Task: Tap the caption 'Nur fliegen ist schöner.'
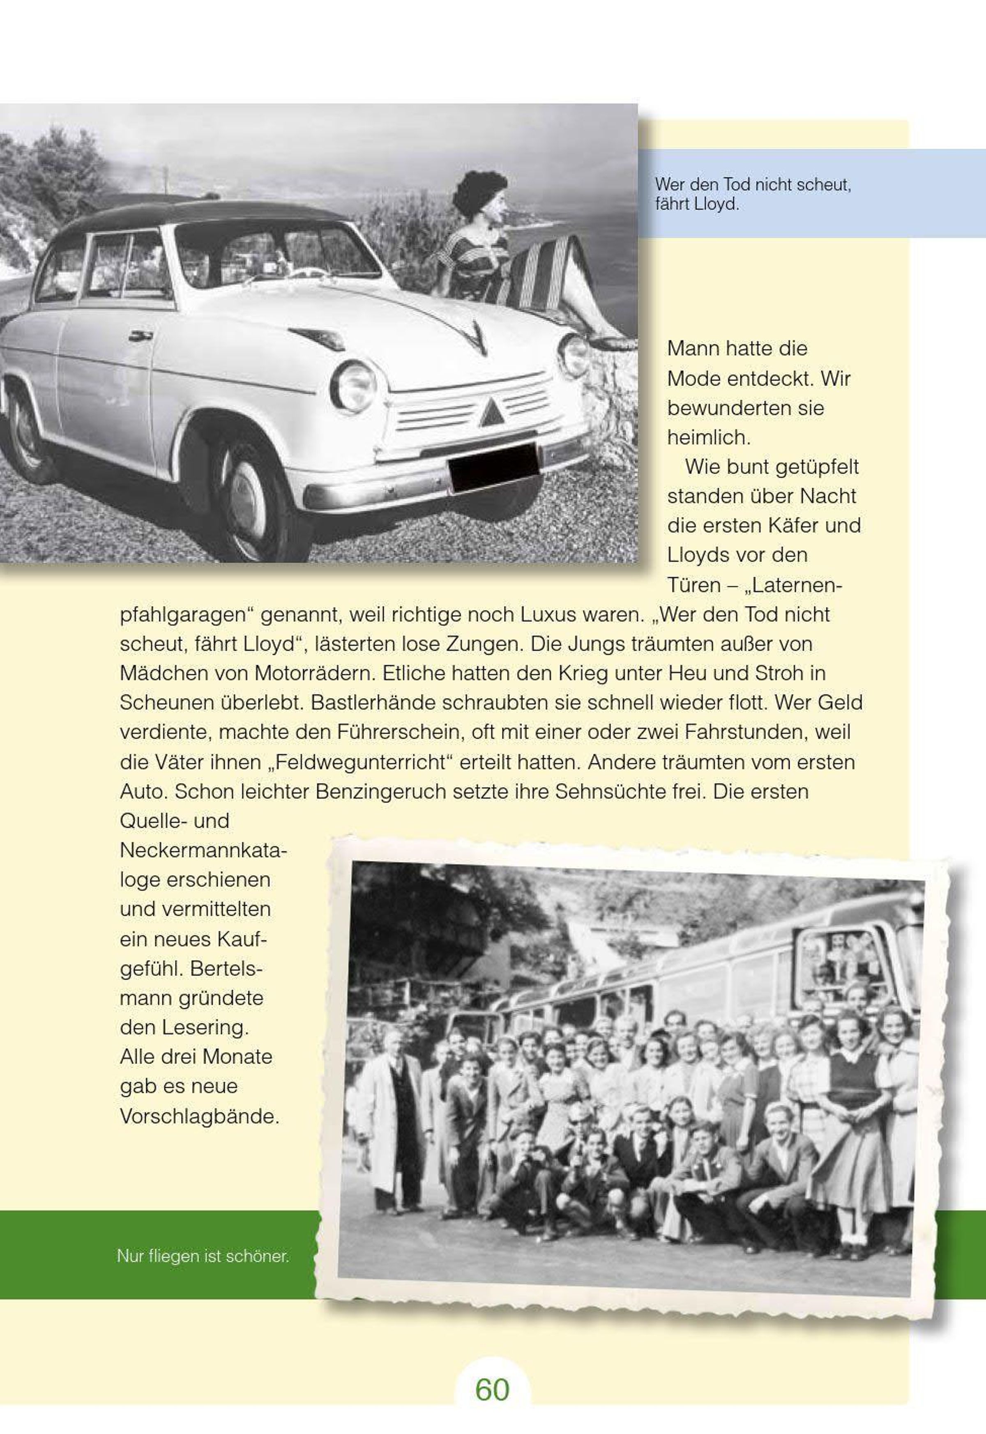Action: point(203,1256)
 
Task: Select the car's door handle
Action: point(141,336)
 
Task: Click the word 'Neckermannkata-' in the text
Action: point(203,850)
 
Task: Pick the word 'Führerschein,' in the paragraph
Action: point(401,733)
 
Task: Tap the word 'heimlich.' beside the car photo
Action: point(709,438)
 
